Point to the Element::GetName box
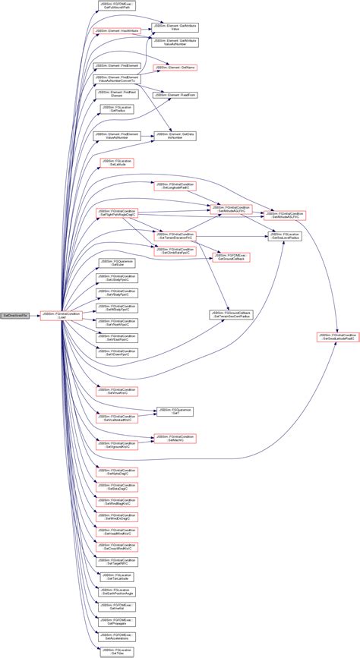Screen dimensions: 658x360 pyautogui.click(x=175, y=68)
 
